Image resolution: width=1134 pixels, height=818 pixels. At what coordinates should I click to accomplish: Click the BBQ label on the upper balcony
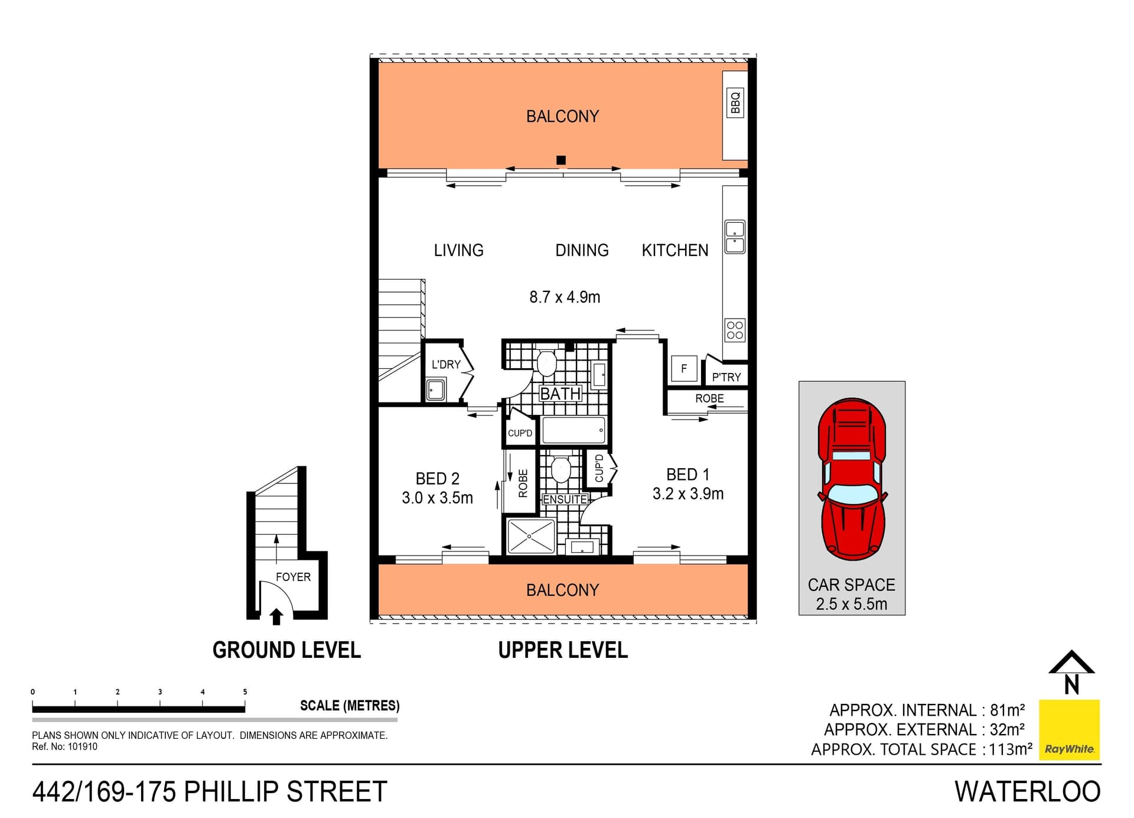735,103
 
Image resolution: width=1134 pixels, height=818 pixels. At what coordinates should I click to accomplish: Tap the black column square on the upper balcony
561,160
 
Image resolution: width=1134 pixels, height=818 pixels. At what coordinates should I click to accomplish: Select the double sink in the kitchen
735,237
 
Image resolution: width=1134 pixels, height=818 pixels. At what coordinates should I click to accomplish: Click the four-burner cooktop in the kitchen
735,330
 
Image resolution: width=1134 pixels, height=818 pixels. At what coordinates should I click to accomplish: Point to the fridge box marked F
684,369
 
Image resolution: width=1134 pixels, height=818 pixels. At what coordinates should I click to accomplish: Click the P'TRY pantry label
726,377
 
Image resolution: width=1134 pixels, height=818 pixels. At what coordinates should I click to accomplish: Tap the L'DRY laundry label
445,365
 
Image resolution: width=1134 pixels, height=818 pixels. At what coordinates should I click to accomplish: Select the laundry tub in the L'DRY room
436,390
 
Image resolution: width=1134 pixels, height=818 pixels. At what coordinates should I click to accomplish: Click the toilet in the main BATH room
546,363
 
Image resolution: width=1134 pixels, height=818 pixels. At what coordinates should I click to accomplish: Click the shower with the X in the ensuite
530,536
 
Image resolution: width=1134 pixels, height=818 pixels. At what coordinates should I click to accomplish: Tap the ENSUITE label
565,499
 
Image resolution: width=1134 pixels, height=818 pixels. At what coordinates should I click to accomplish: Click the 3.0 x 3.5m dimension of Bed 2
437,498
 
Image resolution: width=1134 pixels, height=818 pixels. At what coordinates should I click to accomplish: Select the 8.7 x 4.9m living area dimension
565,297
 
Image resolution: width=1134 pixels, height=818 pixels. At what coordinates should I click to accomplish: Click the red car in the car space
852,479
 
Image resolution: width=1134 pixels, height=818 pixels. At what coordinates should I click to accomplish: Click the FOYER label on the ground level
293,577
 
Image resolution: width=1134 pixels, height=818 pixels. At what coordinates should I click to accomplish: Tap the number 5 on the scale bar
245,692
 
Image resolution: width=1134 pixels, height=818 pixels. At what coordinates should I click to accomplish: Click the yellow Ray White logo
1069,729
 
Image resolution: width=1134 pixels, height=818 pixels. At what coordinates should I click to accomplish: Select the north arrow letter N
1071,684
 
